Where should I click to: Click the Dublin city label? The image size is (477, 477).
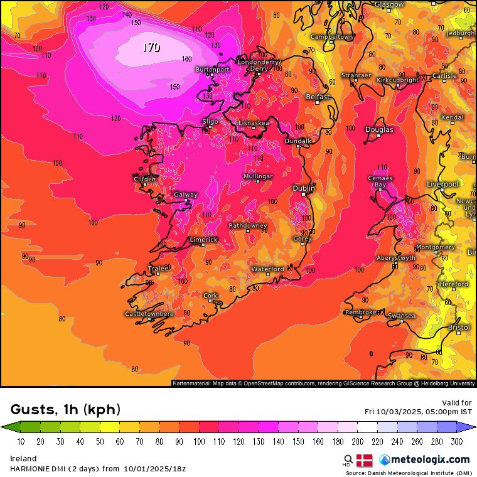[x=304, y=188]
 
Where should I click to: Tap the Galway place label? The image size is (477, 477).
[x=186, y=195]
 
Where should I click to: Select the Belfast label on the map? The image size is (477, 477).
[x=318, y=97]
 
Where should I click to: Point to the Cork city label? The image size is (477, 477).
[x=210, y=296]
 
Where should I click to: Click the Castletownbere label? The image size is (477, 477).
[x=149, y=314]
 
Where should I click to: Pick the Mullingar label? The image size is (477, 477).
[x=258, y=177]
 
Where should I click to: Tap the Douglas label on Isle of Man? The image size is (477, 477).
[x=379, y=130]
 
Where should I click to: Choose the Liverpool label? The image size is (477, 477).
[x=442, y=184]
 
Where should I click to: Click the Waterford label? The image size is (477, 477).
[x=268, y=269]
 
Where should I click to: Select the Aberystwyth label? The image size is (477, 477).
[x=396, y=258]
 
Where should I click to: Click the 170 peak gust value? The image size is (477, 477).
[x=151, y=47]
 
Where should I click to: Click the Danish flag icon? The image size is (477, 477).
[x=365, y=459]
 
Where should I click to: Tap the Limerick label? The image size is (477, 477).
[x=204, y=240]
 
